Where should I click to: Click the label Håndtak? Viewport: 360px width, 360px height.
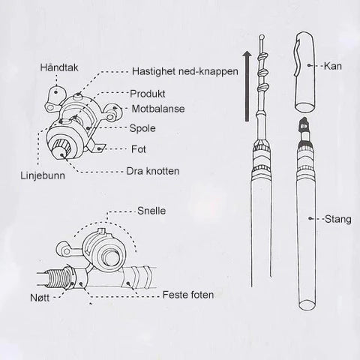59,67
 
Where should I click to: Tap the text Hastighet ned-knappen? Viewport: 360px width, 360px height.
185,71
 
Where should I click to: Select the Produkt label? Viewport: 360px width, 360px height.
148,94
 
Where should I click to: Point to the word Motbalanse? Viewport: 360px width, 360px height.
158,109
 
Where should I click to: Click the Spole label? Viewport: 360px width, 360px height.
142,128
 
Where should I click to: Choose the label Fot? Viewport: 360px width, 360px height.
139,149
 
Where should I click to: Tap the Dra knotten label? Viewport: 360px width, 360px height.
153,171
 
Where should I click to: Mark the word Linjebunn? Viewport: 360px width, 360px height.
43,175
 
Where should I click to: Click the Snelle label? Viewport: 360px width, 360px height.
151,211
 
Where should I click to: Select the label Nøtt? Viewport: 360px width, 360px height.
40,298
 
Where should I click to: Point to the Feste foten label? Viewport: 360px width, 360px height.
188,295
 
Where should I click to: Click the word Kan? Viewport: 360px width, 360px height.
333,66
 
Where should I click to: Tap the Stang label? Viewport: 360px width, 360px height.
338,220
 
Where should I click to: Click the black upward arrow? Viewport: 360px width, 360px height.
247,86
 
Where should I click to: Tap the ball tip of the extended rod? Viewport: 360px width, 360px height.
262,37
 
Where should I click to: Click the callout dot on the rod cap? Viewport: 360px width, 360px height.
310,65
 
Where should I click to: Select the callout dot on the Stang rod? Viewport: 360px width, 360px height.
310,218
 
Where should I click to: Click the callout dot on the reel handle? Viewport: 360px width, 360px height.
56,92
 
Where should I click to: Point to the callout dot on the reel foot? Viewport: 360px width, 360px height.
100,148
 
